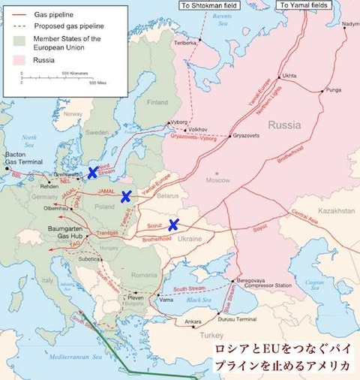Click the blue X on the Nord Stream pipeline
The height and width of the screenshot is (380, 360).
click(x=92, y=172)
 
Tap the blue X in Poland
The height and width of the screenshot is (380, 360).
click(x=127, y=197)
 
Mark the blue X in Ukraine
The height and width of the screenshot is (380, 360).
click(x=173, y=224)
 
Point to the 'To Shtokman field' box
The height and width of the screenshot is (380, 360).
click(x=209, y=5)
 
